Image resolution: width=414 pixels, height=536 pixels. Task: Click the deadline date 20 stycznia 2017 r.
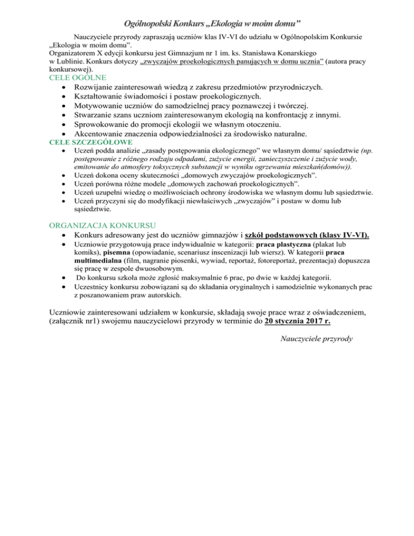tap(298, 322)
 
